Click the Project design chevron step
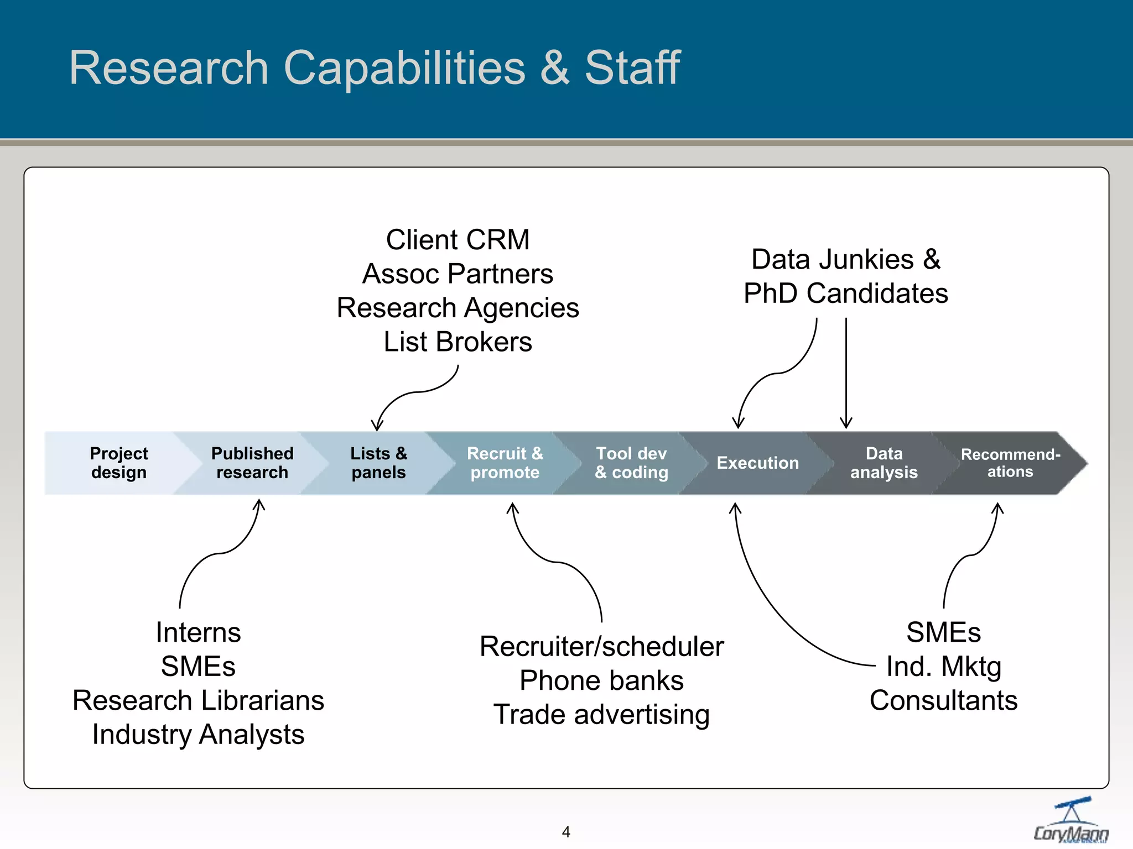(118, 463)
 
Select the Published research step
(252, 463)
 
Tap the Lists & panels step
(378, 463)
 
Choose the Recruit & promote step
(505, 463)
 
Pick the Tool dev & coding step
(631, 463)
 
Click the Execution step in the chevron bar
(757, 463)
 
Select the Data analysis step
(883, 463)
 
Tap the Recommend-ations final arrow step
(1010, 463)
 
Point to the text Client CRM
(458, 240)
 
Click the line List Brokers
(458, 342)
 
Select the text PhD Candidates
(845, 294)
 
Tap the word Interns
(198, 632)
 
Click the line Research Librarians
(198, 701)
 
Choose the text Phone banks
(601, 680)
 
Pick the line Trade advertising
(601, 715)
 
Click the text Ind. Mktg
(943, 667)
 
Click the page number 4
(566, 832)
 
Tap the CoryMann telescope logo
(1071, 820)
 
